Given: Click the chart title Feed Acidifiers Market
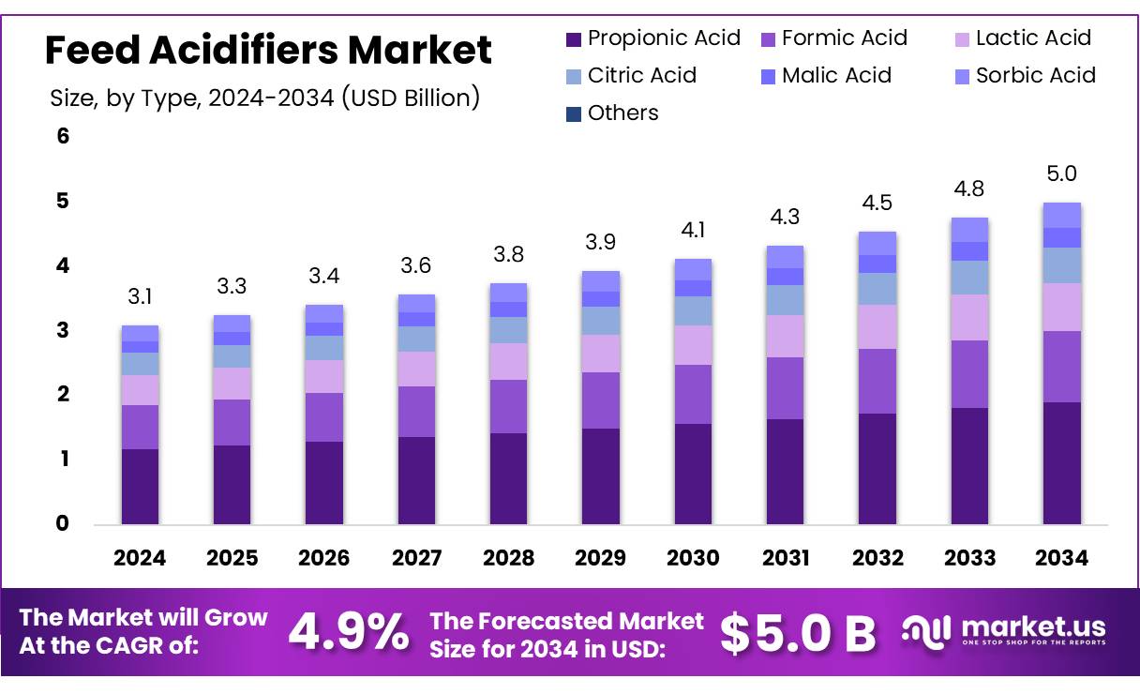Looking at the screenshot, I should point(268,50).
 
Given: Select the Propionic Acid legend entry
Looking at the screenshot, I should point(653,38).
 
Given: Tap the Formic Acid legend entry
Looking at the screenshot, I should point(834,38).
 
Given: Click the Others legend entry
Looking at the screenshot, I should point(612,113).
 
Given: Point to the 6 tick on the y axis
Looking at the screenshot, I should point(63,137).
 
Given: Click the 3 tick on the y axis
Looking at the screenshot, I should point(63,330).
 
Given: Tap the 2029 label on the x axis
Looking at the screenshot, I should point(600,558).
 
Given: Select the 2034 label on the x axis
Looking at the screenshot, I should point(1061,558).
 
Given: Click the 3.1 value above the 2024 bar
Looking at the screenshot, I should point(140,298).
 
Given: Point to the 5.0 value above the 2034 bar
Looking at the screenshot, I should point(1061,174).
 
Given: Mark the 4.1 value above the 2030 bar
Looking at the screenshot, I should point(693,231).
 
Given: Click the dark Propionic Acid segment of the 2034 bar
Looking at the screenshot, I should point(1061,462).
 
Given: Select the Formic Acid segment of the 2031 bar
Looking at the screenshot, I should point(785,387).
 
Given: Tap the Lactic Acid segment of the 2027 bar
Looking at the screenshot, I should point(416,369).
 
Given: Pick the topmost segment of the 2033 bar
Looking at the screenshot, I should point(969,229).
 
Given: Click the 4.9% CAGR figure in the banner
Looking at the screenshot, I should point(348,632).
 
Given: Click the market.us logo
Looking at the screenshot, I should point(1004,630).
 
